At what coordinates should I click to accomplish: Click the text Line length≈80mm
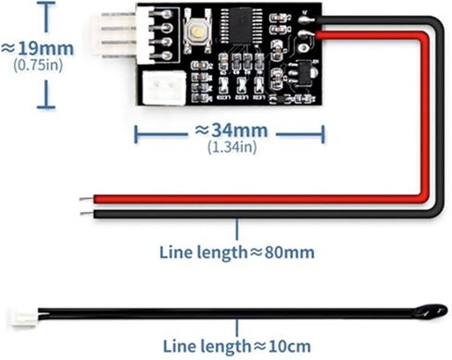click(237, 252)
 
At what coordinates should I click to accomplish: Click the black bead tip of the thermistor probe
click(435, 311)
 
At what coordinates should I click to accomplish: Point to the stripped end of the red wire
click(85, 199)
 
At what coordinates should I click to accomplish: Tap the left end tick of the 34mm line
click(136, 135)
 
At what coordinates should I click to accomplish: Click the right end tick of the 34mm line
click(321, 135)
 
